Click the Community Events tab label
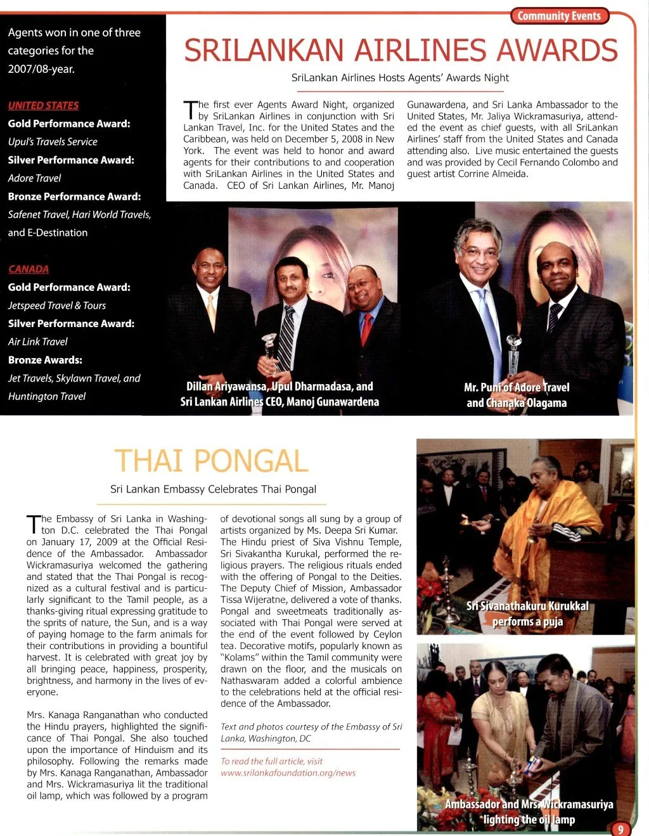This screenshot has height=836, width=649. (x=559, y=16)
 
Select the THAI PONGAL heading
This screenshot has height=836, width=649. (x=211, y=461)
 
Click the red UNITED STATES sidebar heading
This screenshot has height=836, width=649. (x=43, y=105)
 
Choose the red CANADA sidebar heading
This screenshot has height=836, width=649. (x=29, y=269)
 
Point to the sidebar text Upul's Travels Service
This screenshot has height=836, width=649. (x=53, y=141)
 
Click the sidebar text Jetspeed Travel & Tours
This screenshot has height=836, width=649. (x=56, y=305)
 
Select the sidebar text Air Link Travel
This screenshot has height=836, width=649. (x=37, y=342)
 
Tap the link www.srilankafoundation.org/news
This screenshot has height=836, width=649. (x=288, y=773)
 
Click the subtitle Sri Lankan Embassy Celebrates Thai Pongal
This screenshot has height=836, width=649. (x=213, y=489)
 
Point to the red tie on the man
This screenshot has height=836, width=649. (x=366, y=328)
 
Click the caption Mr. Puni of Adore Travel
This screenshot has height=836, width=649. (x=517, y=387)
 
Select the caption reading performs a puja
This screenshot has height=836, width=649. (x=527, y=621)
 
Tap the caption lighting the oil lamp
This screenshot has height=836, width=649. (x=529, y=819)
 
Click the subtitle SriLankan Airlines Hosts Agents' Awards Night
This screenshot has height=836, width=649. (x=400, y=77)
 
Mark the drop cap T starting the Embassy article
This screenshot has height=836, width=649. (x=33, y=524)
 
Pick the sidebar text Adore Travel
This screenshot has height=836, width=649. (x=34, y=178)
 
